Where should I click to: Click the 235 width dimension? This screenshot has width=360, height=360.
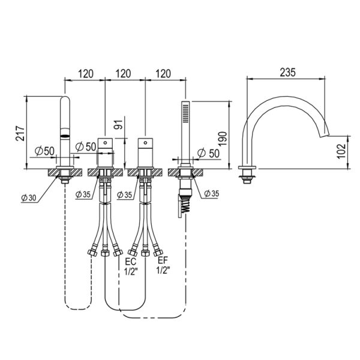point(287,73)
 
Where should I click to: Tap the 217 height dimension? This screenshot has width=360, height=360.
point(20,133)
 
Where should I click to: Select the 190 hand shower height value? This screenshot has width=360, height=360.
point(223,139)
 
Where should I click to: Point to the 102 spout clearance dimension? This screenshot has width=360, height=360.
point(341,151)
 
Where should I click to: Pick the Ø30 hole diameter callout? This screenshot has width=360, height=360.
point(29,197)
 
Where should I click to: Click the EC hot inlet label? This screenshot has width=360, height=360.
point(130,261)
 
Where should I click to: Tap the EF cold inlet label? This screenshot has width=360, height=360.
point(163,260)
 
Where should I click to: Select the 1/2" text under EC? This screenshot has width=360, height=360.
point(131,271)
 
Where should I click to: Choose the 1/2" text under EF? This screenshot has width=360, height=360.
point(163,270)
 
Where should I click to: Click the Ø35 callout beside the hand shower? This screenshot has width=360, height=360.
point(211,193)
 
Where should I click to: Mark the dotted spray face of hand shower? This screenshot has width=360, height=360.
point(186,113)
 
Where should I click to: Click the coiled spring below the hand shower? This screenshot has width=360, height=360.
point(185,204)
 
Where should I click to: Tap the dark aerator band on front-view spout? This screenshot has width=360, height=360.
point(65,136)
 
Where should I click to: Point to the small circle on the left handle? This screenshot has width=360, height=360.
point(105,143)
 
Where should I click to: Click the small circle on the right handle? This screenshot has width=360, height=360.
point(145,143)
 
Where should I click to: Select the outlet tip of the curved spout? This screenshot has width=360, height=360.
point(325,136)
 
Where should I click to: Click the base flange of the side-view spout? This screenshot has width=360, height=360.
point(247,167)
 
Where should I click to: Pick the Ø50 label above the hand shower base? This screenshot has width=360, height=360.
point(208,153)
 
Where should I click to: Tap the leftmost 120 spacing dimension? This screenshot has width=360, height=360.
point(86,74)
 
